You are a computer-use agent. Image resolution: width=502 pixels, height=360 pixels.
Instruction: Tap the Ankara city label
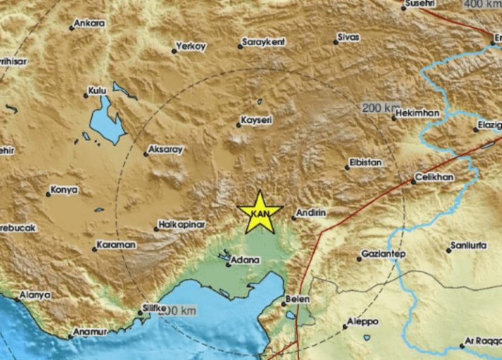tap(90, 24)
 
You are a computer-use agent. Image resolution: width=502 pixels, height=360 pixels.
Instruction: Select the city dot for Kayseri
tap(239, 125)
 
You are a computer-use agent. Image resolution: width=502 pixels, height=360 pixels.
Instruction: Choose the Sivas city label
tap(349, 37)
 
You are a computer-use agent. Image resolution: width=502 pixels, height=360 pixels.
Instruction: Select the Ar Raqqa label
tap(482, 340)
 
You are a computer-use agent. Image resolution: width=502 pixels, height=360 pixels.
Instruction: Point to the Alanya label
tap(35, 295)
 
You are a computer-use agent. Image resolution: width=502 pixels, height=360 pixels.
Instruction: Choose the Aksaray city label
tap(164, 150)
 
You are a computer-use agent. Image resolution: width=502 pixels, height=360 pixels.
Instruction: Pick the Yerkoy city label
tap(192, 46)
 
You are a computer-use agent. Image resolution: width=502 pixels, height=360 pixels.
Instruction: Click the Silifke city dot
tap(139, 313)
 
